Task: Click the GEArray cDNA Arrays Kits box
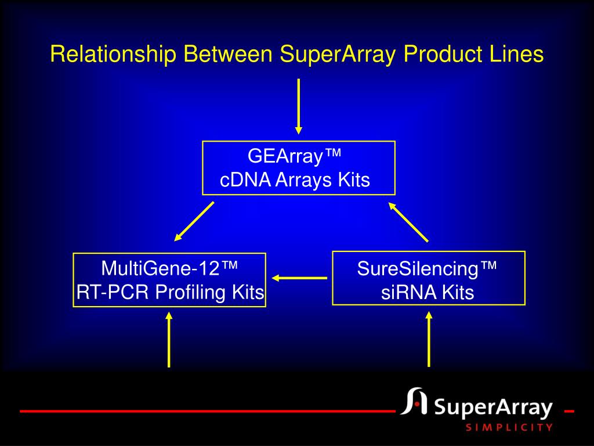(x=298, y=168)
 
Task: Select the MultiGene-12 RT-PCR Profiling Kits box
(x=169, y=280)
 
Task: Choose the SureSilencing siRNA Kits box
(x=428, y=278)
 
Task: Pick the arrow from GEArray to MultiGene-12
(x=194, y=221)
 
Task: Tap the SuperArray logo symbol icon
(x=413, y=402)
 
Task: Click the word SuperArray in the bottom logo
(x=493, y=408)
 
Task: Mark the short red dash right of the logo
(x=569, y=411)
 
